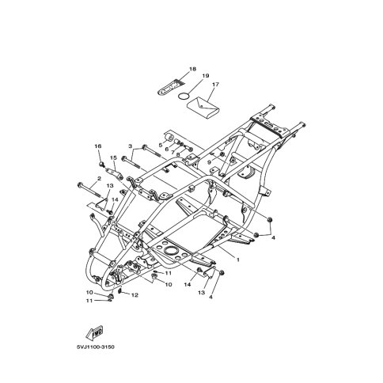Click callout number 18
pos(192,69)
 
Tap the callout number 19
pos(206,76)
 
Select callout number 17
pos(215,85)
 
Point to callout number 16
pos(98,146)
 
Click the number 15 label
pos(113,157)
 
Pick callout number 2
pos(99,179)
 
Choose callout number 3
pos(130,146)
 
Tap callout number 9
pos(209,162)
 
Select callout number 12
pos(135,295)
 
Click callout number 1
pos(238,260)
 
